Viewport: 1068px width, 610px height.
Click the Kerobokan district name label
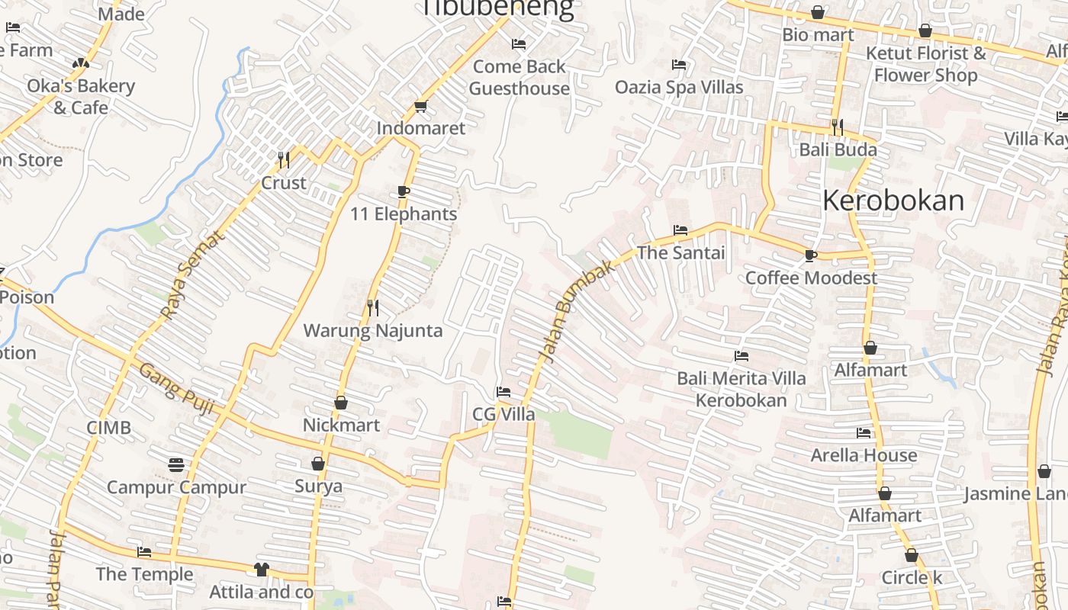tap(893, 201)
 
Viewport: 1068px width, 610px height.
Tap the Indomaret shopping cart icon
tap(420, 107)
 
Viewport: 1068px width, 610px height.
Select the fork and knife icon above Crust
tap(284, 160)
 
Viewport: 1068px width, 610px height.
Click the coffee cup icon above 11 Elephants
tap(404, 191)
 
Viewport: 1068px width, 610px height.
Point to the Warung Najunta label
tap(373, 331)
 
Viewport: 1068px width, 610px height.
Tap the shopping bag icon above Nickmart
tap(341, 403)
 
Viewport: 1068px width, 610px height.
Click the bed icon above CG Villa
tap(503, 392)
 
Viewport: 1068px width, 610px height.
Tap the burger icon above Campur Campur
tap(176, 464)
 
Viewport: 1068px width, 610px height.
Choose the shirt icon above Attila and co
tap(262, 570)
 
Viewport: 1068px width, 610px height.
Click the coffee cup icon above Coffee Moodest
tap(811, 255)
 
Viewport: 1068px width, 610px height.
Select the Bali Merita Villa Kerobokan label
tap(741, 389)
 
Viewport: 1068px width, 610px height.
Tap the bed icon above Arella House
tap(864, 433)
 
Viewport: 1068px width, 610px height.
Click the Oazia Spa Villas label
tap(679, 87)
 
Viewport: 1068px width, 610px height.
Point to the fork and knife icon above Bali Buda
tap(838, 127)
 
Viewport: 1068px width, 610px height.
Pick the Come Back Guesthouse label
tap(519, 78)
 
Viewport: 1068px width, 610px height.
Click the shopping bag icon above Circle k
tap(912, 555)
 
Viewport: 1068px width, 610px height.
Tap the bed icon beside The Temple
tap(144, 552)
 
